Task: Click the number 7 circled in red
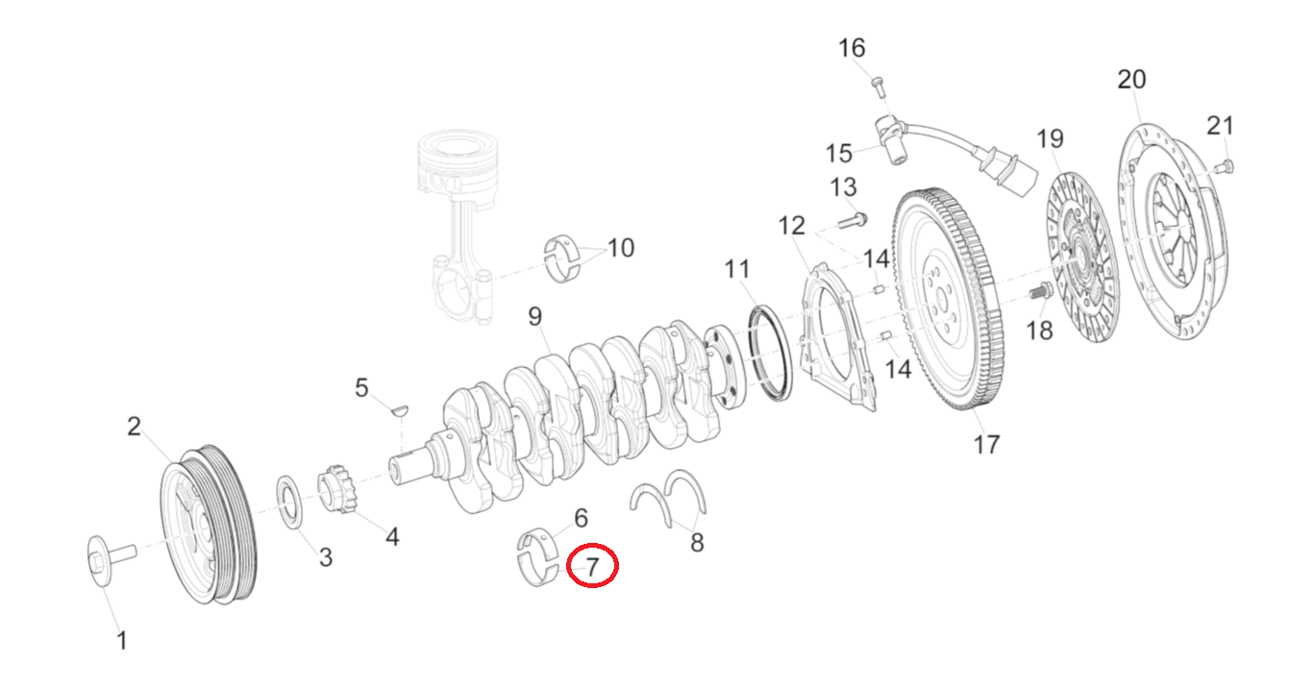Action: point(592,567)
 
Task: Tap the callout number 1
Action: point(121,640)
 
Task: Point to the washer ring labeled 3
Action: point(288,501)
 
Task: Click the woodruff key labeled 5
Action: point(399,409)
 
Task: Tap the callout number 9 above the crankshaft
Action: point(534,316)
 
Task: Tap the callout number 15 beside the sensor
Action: point(839,153)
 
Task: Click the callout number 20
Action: point(1131,79)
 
